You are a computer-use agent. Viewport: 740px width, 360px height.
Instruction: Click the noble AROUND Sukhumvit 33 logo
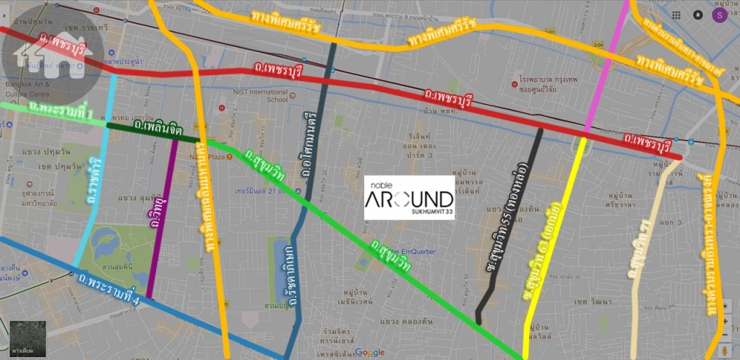point(409,197)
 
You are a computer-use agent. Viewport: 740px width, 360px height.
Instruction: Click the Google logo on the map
point(369,352)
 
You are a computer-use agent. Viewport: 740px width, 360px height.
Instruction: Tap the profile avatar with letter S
point(718,15)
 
